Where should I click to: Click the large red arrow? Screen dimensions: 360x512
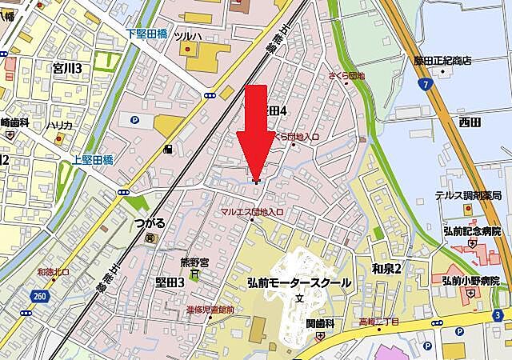[x=255, y=128]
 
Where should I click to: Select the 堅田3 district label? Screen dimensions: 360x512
[x=170, y=282]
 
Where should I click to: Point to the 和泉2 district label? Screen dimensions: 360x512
[x=386, y=267]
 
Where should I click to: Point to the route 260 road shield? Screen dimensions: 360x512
[x=40, y=297]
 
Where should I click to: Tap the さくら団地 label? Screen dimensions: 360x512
[x=346, y=76]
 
